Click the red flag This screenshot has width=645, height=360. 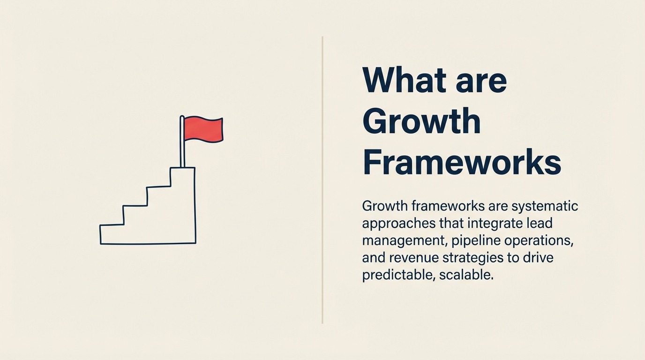coord(203,129)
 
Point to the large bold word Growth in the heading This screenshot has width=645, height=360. coord(421,121)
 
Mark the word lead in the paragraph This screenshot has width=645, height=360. coord(540,224)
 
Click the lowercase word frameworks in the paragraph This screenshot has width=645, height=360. coord(448,206)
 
